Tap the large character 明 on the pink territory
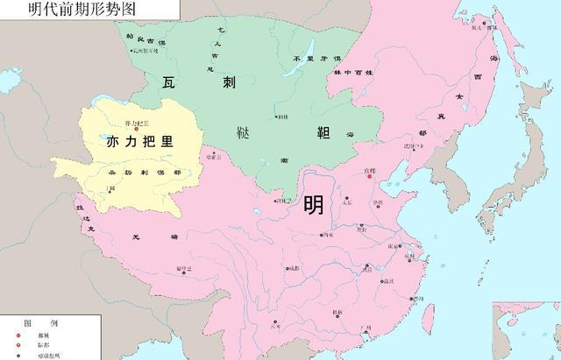point(313,205)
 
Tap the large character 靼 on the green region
point(308,132)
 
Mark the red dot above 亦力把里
point(137,130)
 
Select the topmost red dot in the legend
point(17,335)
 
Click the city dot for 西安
point(321,236)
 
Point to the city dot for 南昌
point(382,282)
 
